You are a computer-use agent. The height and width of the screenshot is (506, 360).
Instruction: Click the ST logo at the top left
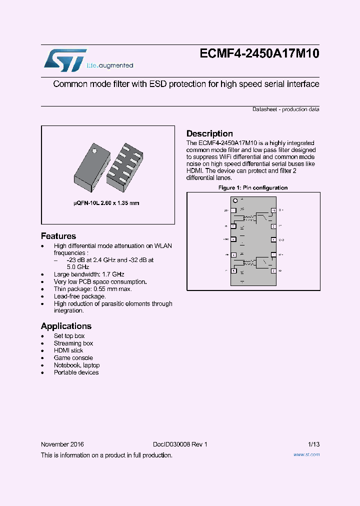64,60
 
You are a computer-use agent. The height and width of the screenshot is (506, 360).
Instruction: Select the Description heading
209,133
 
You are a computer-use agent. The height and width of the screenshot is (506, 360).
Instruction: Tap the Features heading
58,236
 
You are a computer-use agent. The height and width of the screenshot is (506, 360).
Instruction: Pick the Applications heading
66,326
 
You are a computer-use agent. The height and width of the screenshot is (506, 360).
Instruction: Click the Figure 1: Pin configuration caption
253,188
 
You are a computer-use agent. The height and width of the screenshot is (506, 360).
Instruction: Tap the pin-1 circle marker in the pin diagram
235,200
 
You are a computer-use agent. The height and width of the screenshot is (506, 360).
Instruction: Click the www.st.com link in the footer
306,454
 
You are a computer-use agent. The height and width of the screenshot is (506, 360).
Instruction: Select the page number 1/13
313,444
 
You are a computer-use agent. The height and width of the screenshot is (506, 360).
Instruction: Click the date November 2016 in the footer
62,444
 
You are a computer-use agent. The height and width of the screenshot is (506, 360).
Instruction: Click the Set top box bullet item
69,336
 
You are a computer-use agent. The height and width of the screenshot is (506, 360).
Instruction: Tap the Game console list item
73,358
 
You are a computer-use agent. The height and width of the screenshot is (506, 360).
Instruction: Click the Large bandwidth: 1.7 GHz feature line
89,274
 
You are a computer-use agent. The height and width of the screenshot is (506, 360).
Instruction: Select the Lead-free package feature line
79,296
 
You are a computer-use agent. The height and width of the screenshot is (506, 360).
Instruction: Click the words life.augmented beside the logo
110,66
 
